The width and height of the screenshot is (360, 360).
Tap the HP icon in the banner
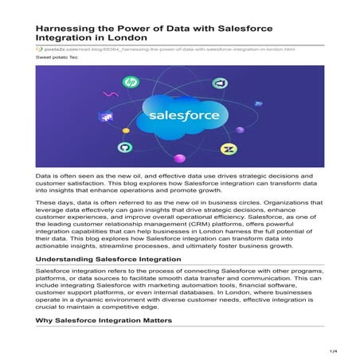point(131,83)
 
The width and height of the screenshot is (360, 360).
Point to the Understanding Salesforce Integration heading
point(109,260)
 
